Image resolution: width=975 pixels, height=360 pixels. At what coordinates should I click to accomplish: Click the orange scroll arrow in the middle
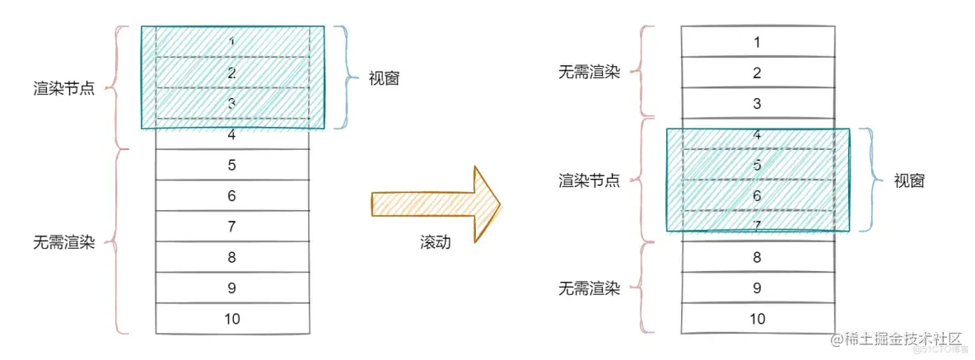pyautogui.click(x=436, y=203)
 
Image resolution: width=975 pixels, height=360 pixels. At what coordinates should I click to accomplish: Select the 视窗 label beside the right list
pyautogui.click(x=909, y=181)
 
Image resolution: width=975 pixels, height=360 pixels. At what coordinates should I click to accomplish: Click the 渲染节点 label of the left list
pyautogui.click(x=63, y=88)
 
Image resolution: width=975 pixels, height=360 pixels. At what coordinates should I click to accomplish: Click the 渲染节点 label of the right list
pyautogui.click(x=589, y=180)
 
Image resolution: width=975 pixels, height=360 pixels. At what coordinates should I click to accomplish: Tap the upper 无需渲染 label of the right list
pyautogui.click(x=589, y=72)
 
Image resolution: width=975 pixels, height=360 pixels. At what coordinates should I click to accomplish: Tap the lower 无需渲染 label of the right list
pyautogui.click(x=589, y=288)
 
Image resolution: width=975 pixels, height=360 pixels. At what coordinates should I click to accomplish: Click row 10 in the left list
pyautogui.click(x=232, y=319)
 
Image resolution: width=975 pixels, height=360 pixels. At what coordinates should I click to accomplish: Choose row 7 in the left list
pyautogui.click(x=232, y=226)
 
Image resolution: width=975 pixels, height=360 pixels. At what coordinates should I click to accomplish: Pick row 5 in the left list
pyautogui.click(x=232, y=165)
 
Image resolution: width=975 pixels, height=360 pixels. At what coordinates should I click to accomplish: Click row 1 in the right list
pyautogui.click(x=758, y=41)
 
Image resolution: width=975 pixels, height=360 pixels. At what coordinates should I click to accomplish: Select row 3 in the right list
pyautogui.click(x=758, y=104)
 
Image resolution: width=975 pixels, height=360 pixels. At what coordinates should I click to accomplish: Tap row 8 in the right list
pyautogui.click(x=758, y=256)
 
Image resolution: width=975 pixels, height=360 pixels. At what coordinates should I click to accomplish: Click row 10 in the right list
pyautogui.click(x=758, y=319)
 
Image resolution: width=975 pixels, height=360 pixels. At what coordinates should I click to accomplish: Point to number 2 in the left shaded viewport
pyautogui.click(x=232, y=72)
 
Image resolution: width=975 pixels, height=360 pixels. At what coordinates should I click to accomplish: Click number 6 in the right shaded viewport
pyautogui.click(x=758, y=196)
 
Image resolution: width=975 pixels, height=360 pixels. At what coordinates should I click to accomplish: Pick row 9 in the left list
pyautogui.click(x=232, y=288)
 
